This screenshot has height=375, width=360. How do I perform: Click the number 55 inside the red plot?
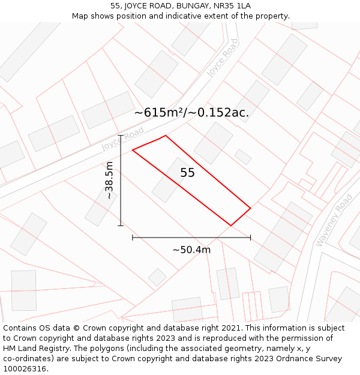(188, 173)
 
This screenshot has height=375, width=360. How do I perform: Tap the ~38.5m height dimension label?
(109, 180)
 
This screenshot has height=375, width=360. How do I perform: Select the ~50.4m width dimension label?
(191, 250)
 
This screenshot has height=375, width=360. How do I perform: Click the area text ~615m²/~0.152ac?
(191, 112)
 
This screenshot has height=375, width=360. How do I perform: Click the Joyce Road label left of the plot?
(122, 139)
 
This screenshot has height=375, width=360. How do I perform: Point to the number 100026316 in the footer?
(25, 369)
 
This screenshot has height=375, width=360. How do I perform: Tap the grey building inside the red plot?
(170, 179)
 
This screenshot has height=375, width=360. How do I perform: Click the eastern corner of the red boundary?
(250, 208)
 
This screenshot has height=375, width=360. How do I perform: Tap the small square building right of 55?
(243, 157)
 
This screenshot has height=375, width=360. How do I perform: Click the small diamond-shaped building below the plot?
(157, 277)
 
